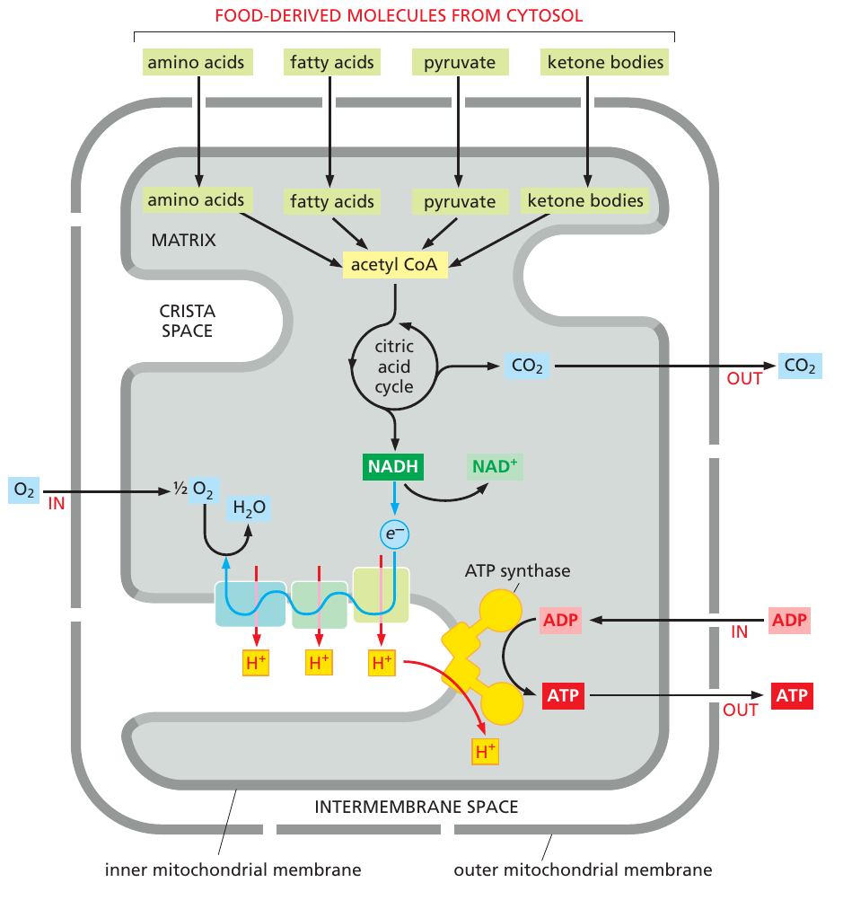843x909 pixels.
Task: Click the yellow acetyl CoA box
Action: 395,265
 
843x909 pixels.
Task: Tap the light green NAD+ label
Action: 494,466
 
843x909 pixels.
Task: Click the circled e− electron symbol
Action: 393,534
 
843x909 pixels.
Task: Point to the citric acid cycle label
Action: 393,366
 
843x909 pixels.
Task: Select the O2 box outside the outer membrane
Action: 23,490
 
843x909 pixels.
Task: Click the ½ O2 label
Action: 193,490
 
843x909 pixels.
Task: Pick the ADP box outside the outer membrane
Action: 789,621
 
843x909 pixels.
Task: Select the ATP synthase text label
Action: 517,570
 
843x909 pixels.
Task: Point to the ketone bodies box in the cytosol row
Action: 606,62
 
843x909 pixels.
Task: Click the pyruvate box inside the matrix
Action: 460,201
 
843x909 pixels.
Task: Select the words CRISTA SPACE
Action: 187,321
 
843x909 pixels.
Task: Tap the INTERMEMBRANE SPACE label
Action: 416,807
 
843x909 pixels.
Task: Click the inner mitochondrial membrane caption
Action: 233,869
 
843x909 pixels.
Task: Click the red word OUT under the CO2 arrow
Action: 744,378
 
